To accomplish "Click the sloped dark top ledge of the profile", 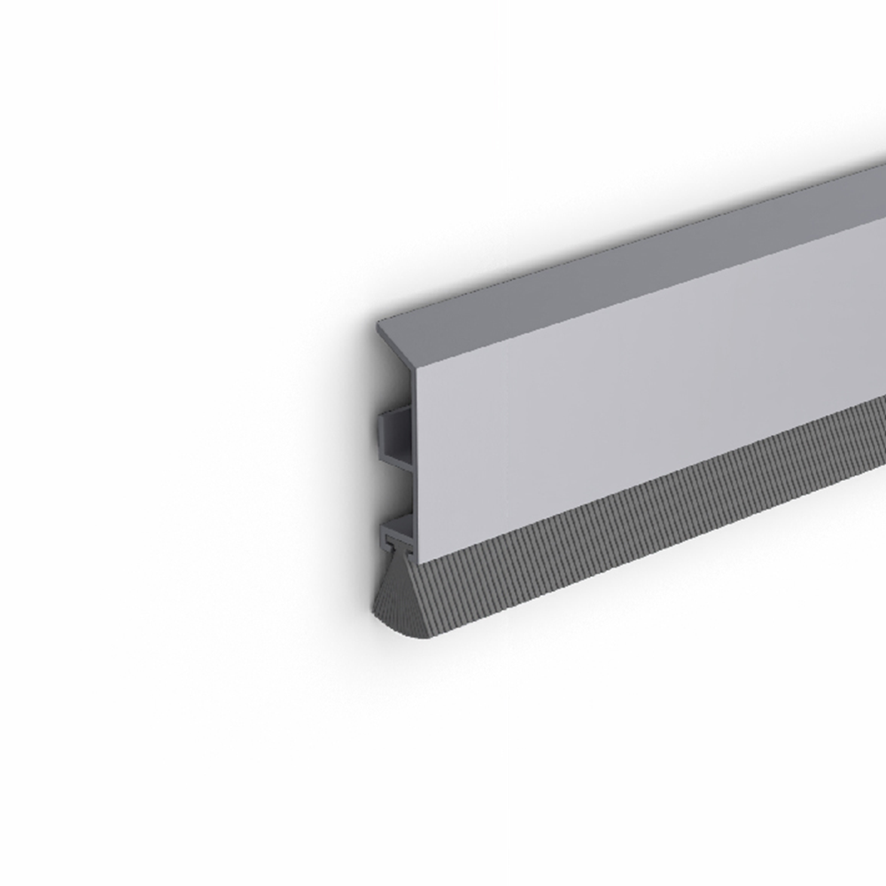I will point(620,257).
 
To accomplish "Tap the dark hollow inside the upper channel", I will point(398,435).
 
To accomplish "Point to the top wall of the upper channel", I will point(395,412).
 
